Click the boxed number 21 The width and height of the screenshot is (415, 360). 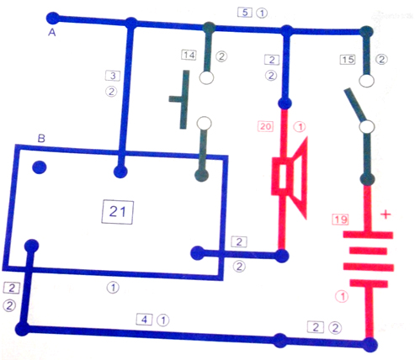coord(117,212)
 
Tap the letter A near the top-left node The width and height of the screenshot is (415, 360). coord(52,33)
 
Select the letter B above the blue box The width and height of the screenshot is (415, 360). coord(41,138)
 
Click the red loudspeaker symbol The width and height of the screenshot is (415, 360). coord(290,177)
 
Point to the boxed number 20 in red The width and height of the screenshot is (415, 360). coord(265,126)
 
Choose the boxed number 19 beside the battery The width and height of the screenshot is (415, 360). coord(340,220)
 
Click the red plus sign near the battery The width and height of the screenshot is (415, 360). coord(386,214)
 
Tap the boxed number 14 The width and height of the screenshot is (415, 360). coord(189,55)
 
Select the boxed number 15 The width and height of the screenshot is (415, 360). coord(348,60)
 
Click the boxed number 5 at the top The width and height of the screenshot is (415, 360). coord(245,13)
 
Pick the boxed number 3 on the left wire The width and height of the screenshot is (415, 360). coord(113,76)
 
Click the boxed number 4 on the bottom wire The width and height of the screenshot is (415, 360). coord(144,320)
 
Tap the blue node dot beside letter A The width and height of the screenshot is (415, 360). coord(53,19)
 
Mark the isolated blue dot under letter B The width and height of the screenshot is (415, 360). coord(40,167)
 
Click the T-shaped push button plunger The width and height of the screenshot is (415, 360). coord(179,99)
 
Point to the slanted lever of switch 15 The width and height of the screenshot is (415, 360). coord(355,104)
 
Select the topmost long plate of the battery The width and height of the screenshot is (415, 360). coord(368,235)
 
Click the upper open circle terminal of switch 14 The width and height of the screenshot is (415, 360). coord(206,77)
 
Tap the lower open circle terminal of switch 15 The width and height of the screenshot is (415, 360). coord(367,127)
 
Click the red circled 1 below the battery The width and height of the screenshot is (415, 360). coord(342,296)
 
